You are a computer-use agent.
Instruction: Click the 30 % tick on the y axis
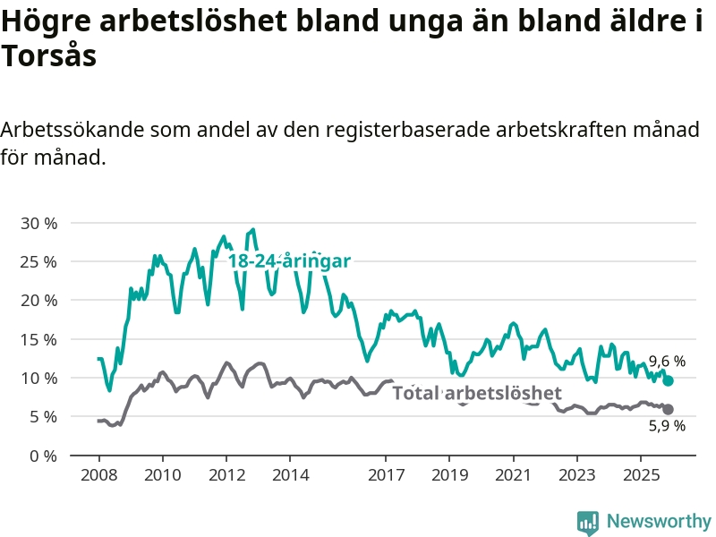[x=38, y=223]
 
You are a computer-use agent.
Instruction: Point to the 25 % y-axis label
[x=38, y=261]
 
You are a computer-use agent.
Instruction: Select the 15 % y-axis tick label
[x=38, y=339]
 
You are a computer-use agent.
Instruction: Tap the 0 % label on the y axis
[x=42, y=456]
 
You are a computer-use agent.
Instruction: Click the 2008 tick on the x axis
[x=98, y=473]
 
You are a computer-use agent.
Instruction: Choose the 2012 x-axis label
[x=226, y=473]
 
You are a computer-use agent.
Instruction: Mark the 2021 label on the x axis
[x=513, y=473]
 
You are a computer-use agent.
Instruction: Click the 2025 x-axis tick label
[x=640, y=473]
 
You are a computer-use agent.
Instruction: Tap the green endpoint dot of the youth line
[x=669, y=381]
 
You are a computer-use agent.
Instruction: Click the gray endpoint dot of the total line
[x=669, y=409]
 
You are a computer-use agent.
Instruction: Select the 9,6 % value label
[x=667, y=362]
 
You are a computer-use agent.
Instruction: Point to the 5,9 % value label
[x=667, y=426]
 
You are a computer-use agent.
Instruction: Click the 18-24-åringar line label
[x=288, y=261]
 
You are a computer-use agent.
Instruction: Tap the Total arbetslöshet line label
[x=477, y=393]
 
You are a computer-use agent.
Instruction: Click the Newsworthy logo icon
[x=588, y=522]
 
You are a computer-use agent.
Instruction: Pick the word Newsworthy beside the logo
[x=659, y=521]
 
